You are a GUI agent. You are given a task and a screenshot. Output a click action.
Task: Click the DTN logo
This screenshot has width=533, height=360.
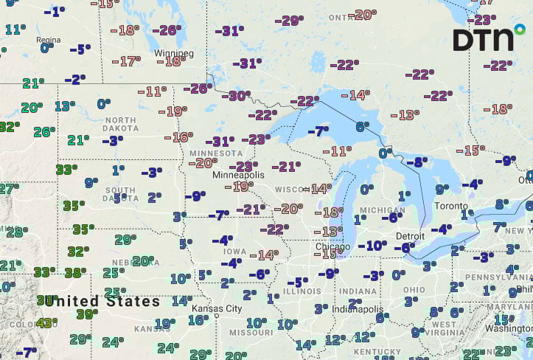coord(483,38)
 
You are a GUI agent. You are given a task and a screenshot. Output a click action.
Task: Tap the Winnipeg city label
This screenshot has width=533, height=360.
coord(175,54)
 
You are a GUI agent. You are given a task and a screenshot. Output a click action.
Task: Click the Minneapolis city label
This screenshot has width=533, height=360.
coord(237,176)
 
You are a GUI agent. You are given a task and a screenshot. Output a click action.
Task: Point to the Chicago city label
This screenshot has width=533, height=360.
coord(331,246)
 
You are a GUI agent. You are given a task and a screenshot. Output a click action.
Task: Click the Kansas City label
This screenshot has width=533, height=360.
coord(217,308)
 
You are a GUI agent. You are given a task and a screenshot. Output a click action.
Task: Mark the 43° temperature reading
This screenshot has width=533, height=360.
coord(46,322)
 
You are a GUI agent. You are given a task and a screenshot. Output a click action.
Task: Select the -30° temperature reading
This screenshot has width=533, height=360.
coord(238,95)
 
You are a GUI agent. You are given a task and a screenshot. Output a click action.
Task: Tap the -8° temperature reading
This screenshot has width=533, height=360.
coord(417,162)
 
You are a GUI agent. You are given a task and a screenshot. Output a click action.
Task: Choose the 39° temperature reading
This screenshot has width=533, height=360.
coord(88,314)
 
